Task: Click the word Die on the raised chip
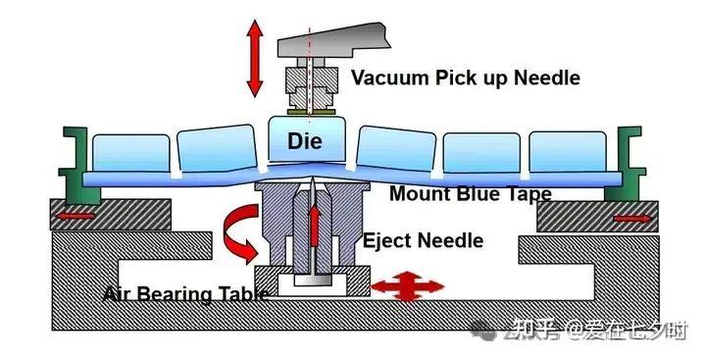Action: coord(305,141)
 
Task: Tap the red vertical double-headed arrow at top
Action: coord(255,58)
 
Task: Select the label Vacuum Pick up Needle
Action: coord(466,77)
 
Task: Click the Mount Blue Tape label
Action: coord(471,194)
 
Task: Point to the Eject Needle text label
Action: coord(424,240)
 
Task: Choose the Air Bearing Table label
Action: coord(186,294)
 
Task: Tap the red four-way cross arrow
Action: coord(407,285)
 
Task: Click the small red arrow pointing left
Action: coord(75,216)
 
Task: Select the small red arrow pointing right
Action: coord(632,219)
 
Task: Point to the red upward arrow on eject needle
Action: coord(315,226)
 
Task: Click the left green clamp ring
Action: coord(80,166)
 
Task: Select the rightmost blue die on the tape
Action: coord(568,152)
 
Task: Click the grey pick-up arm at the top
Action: coord(333,40)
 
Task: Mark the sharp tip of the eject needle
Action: coord(313,178)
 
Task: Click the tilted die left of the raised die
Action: coord(217,148)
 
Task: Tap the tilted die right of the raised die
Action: coord(396,148)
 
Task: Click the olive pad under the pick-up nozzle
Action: coord(311,111)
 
